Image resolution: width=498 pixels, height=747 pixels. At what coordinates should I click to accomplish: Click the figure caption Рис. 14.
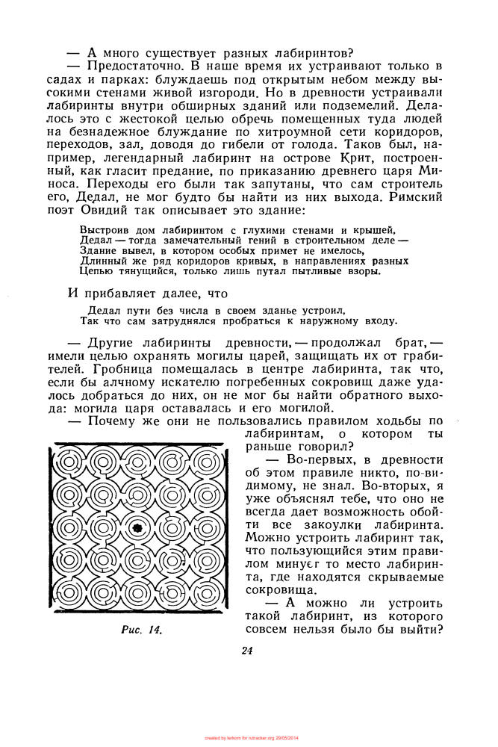tap(142, 630)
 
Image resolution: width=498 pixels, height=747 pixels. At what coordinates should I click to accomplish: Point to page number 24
tap(248, 650)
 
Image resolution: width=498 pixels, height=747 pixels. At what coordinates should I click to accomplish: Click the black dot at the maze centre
tap(137, 528)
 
